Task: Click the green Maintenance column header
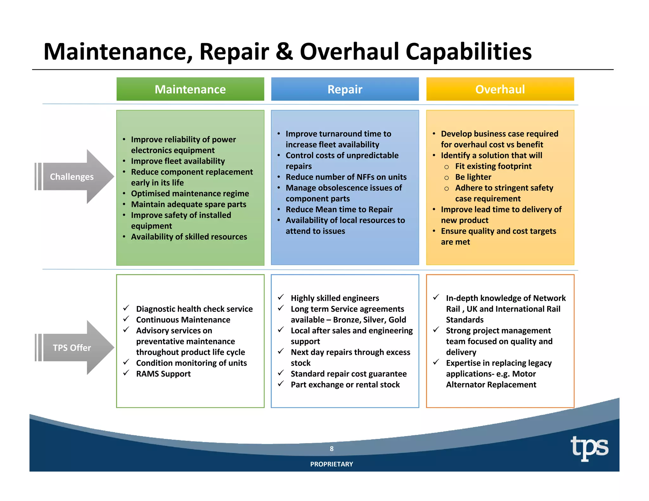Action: pyautogui.click(x=190, y=89)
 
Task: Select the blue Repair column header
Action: pyautogui.click(x=345, y=89)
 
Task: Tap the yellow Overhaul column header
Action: pyautogui.click(x=500, y=89)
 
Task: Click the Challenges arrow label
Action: pyautogui.click(x=72, y=177)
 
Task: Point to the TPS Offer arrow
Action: pyautogui.click(x=72, y=348)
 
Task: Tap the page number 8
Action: pyautogui.click(x=331, y=448)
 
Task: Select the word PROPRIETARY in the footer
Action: pyautogui.click(x=331, y=464)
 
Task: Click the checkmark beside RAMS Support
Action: pyautogui.click(x=126, y=373)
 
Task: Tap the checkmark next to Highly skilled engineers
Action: pyautogui.click(x=281, y=297)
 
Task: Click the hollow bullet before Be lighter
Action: pyautogui.click(x=447, y=178)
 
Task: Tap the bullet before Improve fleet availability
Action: pyautogui.click(x=124, y=161)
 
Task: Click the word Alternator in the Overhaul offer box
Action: pyautogui.click(x=465, y=385)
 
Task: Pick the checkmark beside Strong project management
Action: pyautogui.click(x=436, y=330)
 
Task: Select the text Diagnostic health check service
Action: pyautogui.click(x=194, y=309)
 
